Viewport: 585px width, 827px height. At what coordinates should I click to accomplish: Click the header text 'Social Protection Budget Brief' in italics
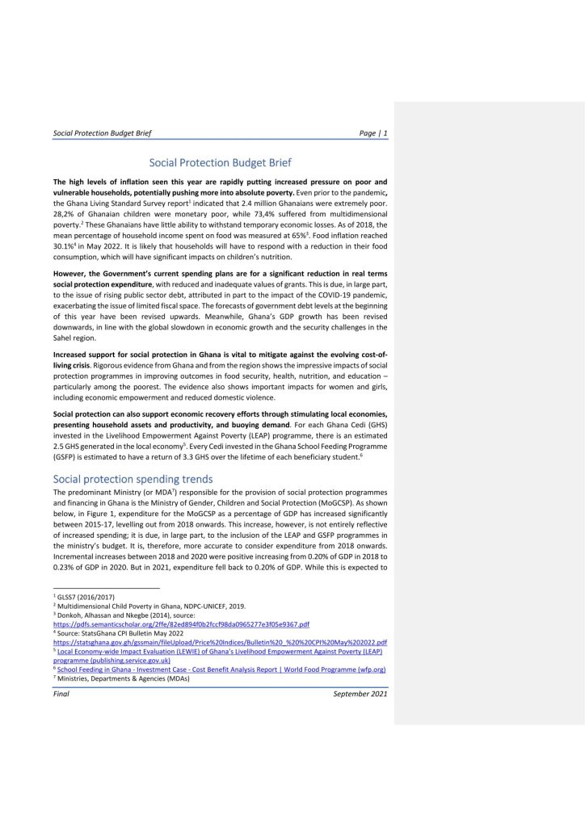[x=102, y=132]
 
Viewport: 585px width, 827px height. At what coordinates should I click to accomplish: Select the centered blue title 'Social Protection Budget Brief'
[x=220, y=162]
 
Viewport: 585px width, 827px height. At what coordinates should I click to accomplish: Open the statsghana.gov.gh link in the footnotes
[x=219, y=642]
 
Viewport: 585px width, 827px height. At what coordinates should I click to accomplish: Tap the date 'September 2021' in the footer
[x=360, y=694]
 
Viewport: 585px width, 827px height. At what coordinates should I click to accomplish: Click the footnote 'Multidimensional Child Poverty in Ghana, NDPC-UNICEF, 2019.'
[x=138, y=605]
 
